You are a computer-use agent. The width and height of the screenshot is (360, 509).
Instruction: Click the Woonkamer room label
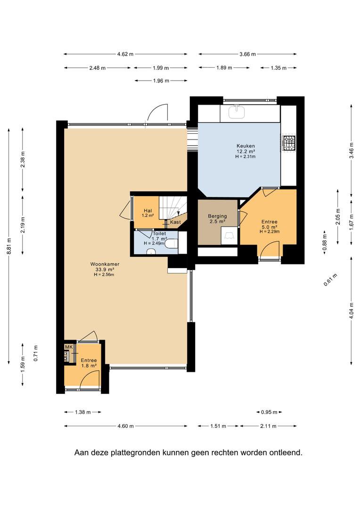[105, 264]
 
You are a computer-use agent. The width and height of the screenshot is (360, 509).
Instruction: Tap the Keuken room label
[246, 146]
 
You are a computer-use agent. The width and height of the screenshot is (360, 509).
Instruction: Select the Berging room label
[217, 216]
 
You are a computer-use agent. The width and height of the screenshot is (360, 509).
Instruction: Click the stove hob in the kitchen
[289, 143]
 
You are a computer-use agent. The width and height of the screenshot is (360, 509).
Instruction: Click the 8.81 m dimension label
[9, 246]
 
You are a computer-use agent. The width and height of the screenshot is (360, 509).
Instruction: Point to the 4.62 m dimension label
[125, 54]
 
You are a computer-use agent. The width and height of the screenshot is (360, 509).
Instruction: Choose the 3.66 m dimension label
[247, 54]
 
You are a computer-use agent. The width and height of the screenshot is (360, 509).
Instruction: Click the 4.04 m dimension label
[351, 311]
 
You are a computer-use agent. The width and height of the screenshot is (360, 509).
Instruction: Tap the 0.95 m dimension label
[269, 412]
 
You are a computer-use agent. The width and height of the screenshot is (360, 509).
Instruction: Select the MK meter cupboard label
[68, 347]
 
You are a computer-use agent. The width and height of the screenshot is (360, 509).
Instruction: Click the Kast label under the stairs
[175, 222]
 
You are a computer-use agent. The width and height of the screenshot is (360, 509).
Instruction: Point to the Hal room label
[147, 211]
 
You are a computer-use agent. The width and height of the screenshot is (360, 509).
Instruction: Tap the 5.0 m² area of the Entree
[270, 227]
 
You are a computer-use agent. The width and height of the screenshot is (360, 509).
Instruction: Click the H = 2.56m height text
[104, 275]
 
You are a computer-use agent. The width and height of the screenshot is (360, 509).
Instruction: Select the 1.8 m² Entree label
[89, 366]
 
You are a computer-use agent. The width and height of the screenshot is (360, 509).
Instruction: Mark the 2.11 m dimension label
[268, 426]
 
